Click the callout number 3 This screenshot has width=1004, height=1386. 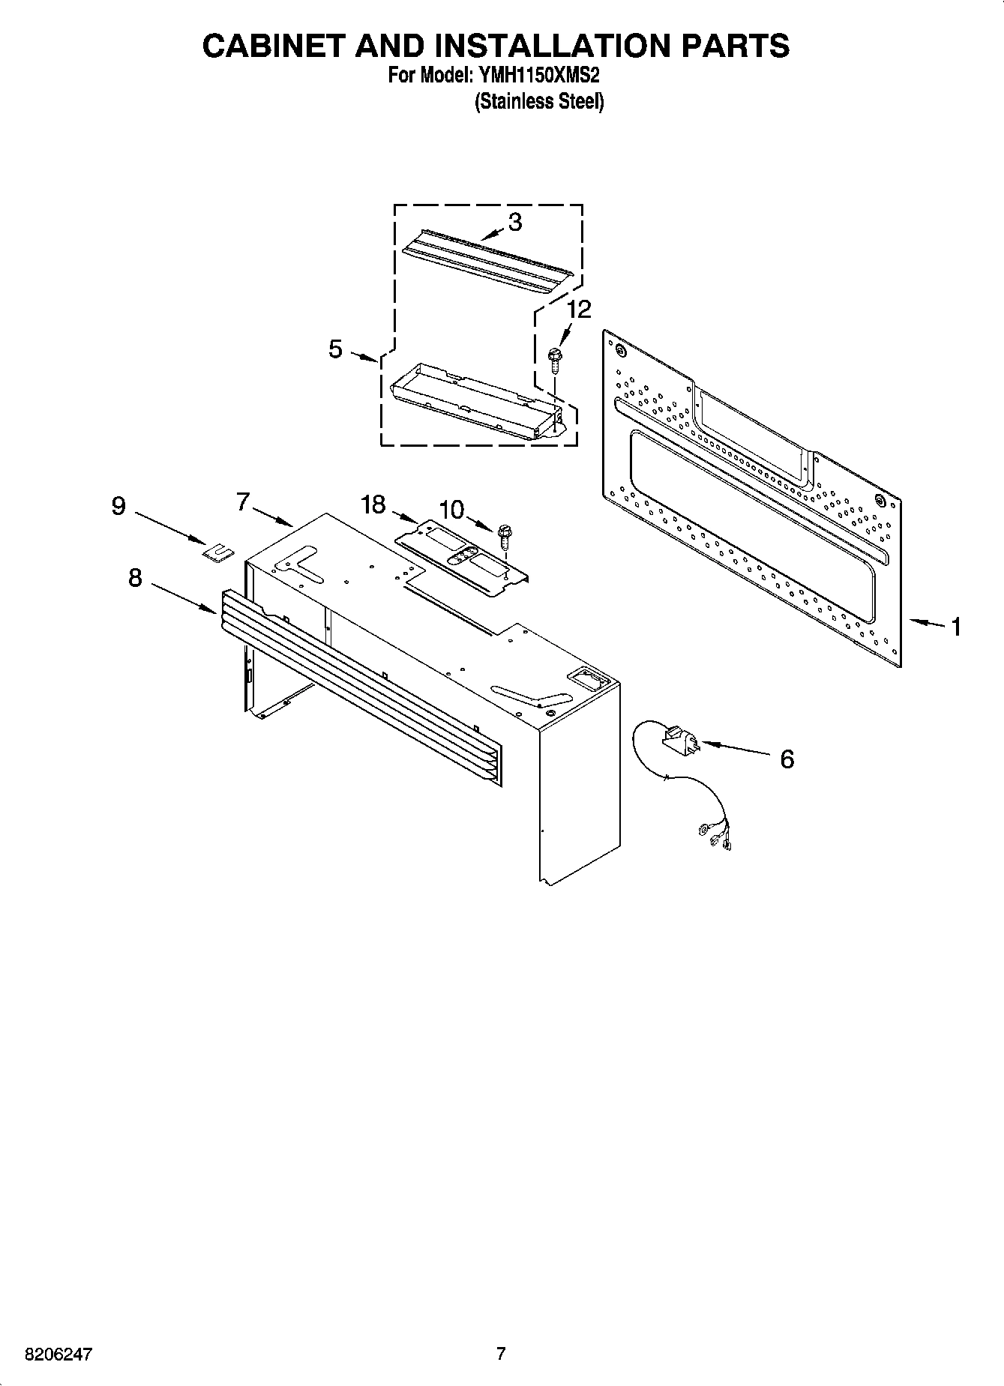[514, 222]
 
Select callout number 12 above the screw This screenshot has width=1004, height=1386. [578, 309]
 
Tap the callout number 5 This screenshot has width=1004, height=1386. [335, 349]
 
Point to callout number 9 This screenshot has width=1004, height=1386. [118, 506]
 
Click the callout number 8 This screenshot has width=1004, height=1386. [135, 578]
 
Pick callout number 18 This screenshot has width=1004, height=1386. [373, 504]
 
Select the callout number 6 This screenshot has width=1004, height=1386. [787, 759]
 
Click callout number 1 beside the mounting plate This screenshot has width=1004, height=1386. [956, 626]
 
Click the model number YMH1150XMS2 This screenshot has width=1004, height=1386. [537, 76]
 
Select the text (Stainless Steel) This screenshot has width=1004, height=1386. [538, 102]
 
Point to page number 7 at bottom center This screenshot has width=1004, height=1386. [501, 1354]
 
